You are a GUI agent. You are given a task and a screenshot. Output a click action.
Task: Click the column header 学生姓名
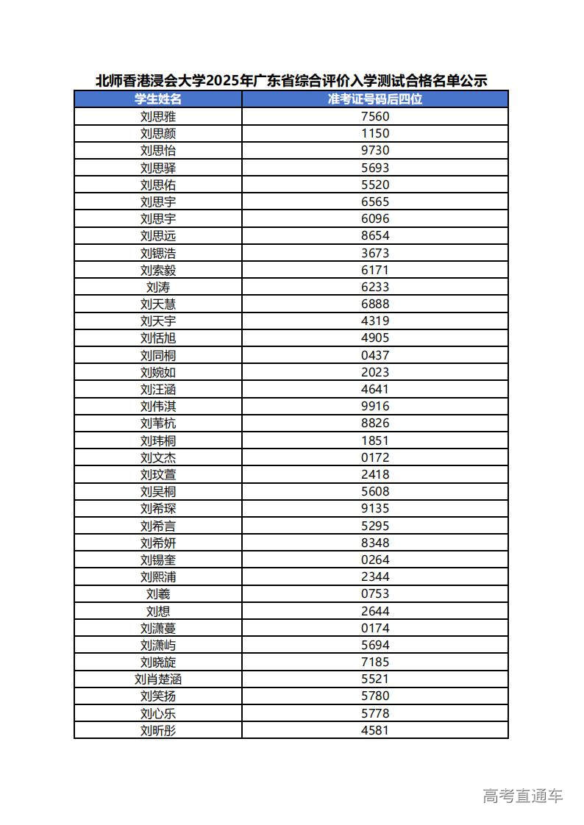(158, 99)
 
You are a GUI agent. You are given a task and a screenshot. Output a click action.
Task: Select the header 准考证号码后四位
(375, 99)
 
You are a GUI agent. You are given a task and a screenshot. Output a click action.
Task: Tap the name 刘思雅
(158, 116)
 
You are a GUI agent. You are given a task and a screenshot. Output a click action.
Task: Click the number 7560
(375, 116)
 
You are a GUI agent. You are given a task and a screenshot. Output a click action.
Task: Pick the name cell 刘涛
(158, 287)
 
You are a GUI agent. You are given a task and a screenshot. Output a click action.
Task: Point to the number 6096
(375, 218)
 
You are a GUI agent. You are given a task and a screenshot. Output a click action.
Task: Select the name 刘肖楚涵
(158, 679)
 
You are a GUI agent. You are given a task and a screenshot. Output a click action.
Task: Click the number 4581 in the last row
(375, 730)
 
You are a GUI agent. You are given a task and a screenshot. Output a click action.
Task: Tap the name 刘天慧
(158, 304)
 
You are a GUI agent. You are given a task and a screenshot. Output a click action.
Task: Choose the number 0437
(375, 355)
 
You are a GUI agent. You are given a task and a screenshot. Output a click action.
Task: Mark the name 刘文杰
(158, 457)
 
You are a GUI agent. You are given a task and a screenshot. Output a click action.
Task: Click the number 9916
(375, 406)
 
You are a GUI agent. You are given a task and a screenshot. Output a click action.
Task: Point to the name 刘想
(158, 611)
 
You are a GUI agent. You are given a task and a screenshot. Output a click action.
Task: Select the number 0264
(375, 560)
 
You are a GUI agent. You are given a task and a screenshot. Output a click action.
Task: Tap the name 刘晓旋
(158, 662)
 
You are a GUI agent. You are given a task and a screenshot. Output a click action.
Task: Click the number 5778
(375, 713)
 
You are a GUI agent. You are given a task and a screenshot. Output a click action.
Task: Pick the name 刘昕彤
(158, 730)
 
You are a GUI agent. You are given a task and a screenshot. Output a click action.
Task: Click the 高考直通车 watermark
(522, 796)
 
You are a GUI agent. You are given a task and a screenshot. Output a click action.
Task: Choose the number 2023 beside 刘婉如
(375, 372)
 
